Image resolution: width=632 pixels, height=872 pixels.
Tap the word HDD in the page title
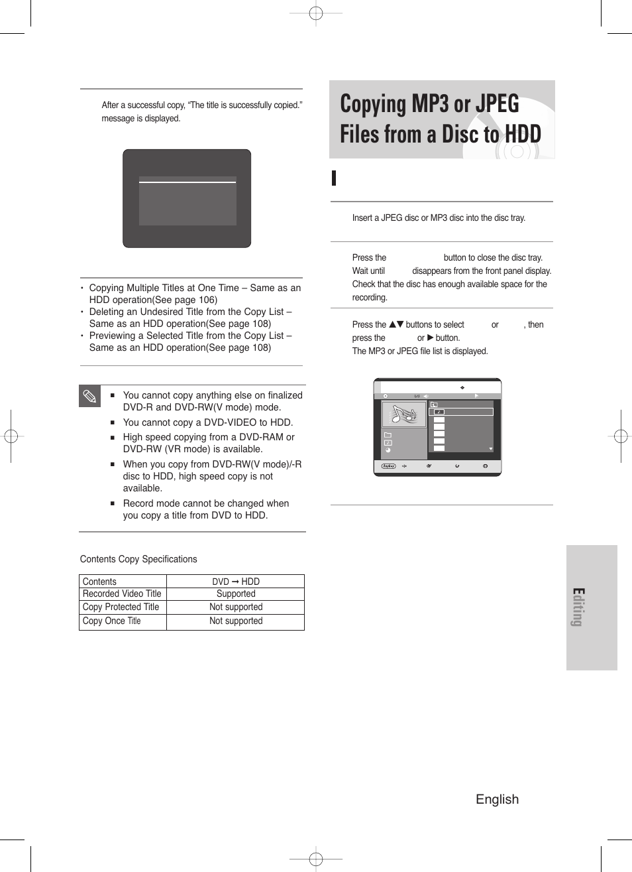[523, 134]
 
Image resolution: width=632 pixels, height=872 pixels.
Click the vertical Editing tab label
[578, 607]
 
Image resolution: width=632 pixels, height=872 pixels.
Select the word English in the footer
[497, 799]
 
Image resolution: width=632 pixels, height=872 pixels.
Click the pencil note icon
[90, 397]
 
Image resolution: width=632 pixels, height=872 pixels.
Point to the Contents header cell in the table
[99, 582]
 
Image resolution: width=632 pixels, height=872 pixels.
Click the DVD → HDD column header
[235, 582]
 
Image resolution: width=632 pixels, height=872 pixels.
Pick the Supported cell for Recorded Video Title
[235, 594]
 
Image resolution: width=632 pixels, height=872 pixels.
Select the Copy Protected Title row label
[121, 607]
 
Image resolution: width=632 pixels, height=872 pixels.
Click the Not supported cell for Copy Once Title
[235, 621]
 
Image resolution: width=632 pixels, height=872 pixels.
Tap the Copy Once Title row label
[111, 621]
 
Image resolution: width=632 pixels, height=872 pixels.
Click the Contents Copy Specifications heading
[138, 559]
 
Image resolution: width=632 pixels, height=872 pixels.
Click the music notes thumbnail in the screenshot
[404, 414]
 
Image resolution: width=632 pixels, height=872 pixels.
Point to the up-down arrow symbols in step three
[396, 324]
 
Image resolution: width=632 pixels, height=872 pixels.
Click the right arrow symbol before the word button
[430, 338]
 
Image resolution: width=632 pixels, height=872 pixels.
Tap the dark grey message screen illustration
[187, 198]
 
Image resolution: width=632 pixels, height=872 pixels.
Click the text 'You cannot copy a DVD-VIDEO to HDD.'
[207, 422]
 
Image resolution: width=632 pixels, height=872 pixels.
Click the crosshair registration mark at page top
[316, 13]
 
